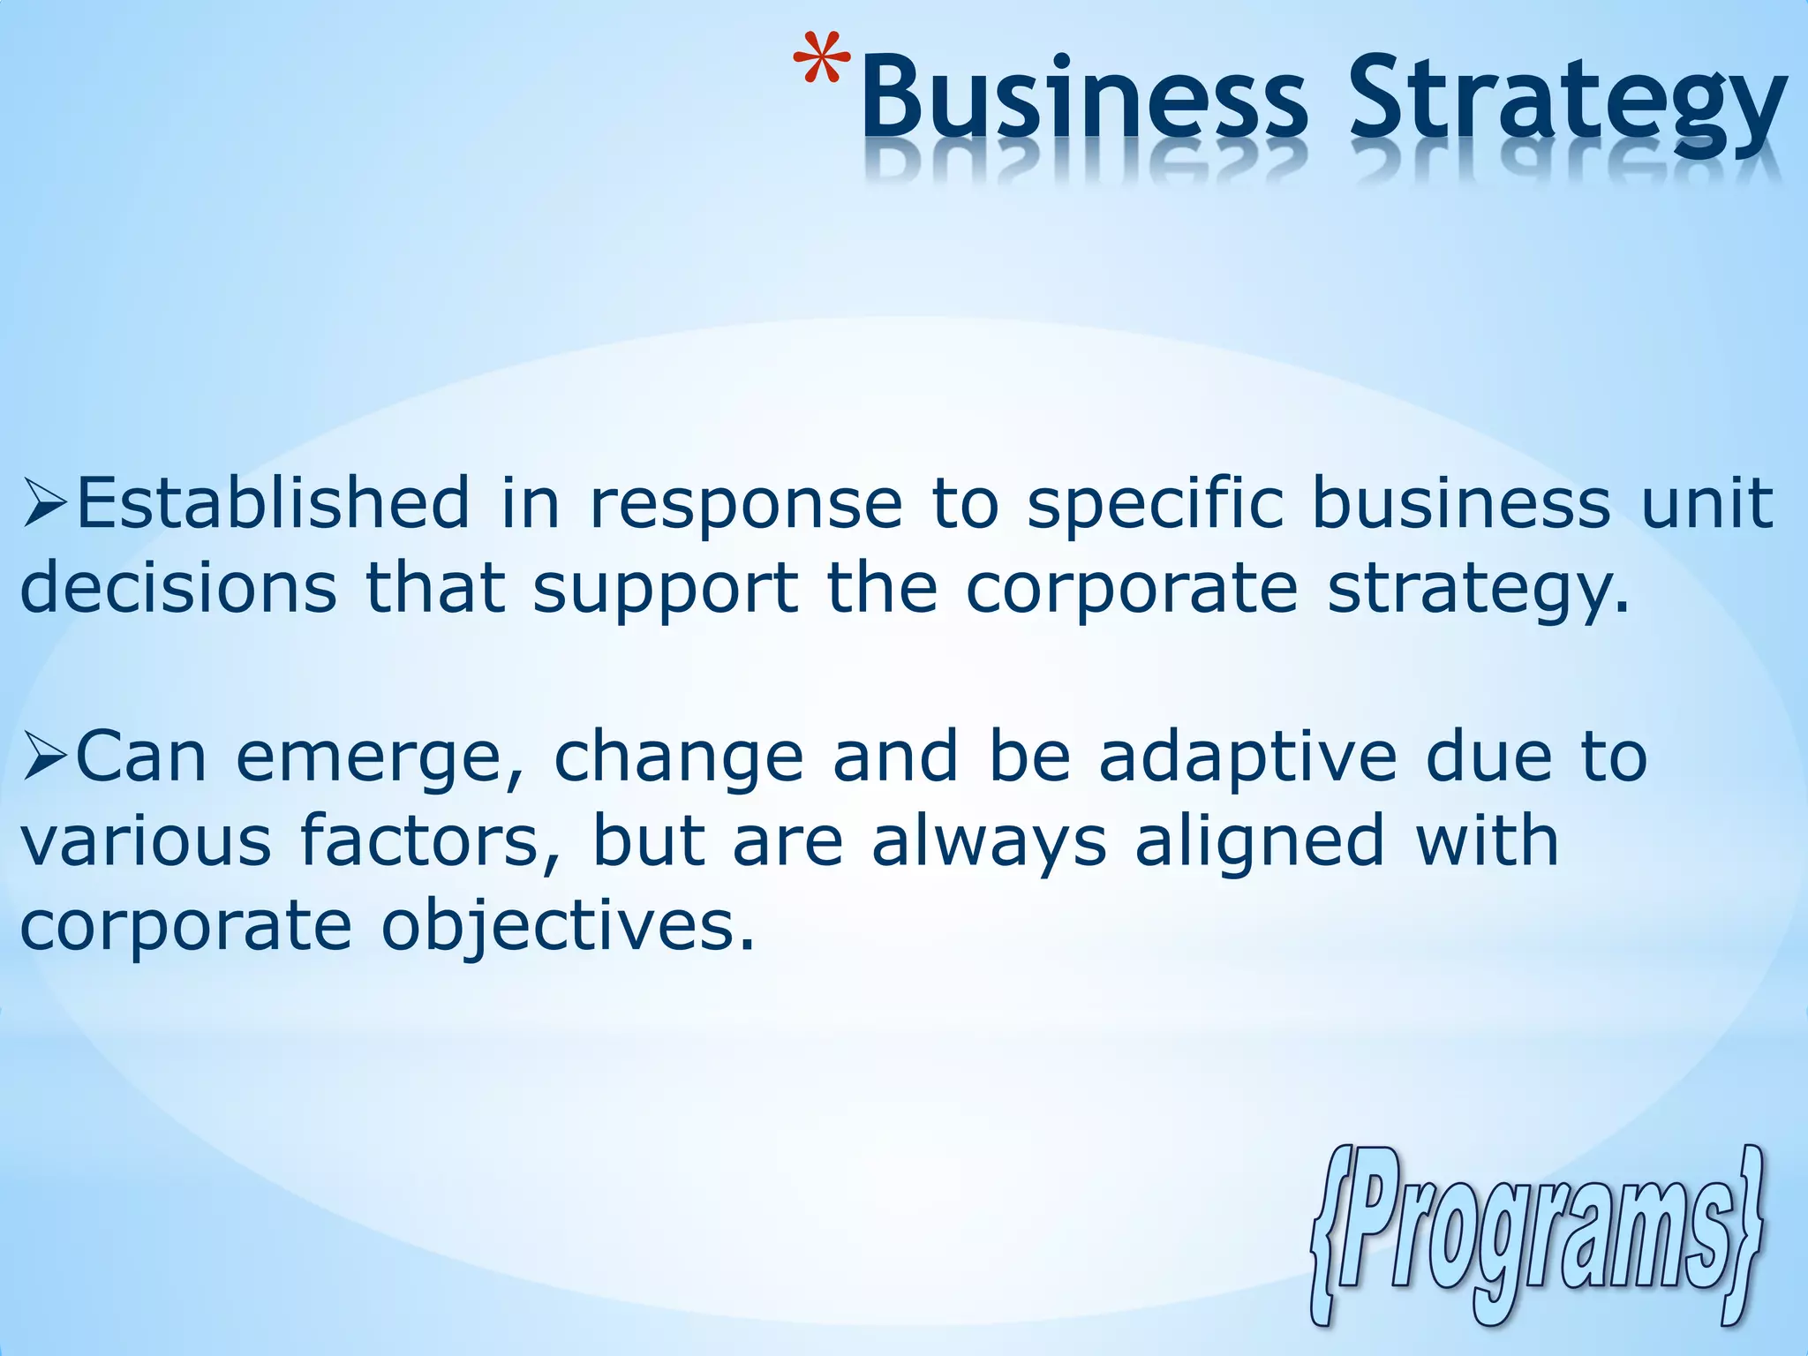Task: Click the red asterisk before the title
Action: tap(822, 67)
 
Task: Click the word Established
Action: tap(274, 503)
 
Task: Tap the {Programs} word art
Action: tap(1537, 1236)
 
